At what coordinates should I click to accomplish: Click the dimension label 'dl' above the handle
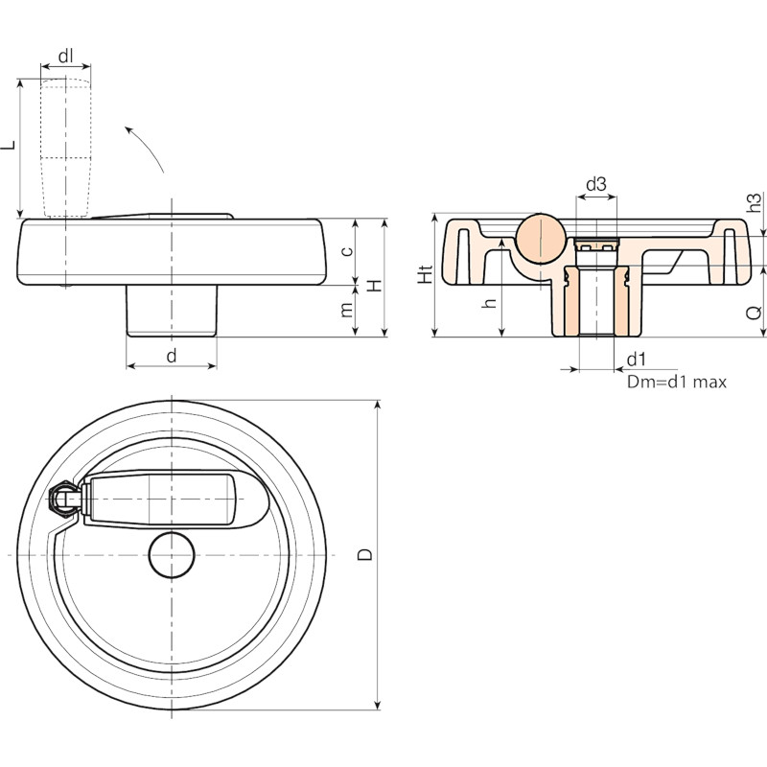pos(65,56)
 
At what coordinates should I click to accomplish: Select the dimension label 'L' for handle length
pos(9,145)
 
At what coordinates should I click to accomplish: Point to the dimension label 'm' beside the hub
pos(346,309)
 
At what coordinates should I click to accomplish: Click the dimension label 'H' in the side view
pos(375,286)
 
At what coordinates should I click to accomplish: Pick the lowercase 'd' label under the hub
pos(172,355)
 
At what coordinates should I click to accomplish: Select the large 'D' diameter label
pos(365,554)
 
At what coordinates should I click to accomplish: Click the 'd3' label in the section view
pos(596,184)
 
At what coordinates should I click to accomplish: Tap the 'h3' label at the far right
pos(755,202)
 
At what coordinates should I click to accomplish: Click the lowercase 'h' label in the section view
pos(489,303)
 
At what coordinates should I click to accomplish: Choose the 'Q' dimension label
pos(755,313)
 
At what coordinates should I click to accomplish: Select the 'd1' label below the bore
pos(636,360)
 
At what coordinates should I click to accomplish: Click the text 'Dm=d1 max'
pos(677,382)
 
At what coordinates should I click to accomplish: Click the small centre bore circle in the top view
pos(172,555)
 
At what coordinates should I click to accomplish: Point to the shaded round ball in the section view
pos(541,238)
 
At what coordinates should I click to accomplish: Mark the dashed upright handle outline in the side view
pos(65,148)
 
